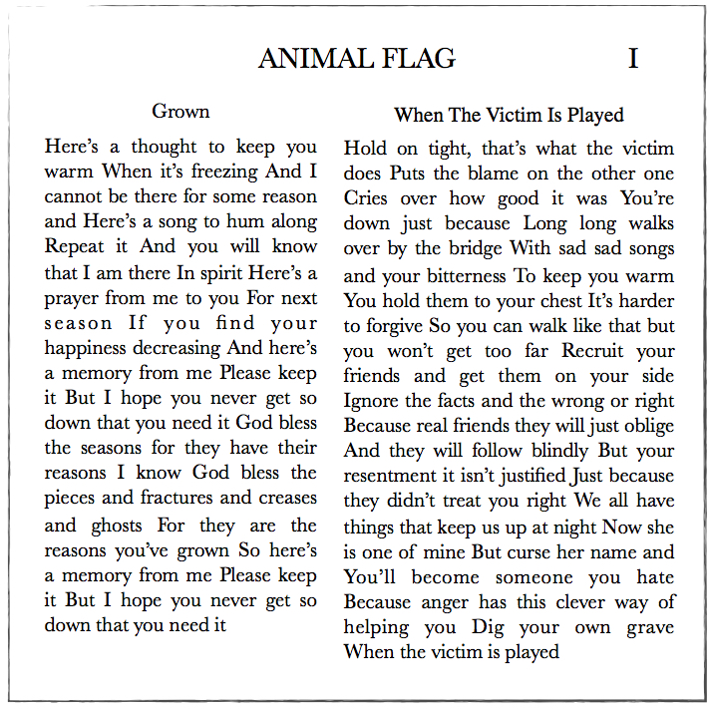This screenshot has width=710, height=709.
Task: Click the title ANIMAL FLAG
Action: pos(356,59)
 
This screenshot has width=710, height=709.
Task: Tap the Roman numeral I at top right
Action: pos(632,59)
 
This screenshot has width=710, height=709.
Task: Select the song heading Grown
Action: pos(180,111)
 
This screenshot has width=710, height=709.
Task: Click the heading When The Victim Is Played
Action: pos(509,115)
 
